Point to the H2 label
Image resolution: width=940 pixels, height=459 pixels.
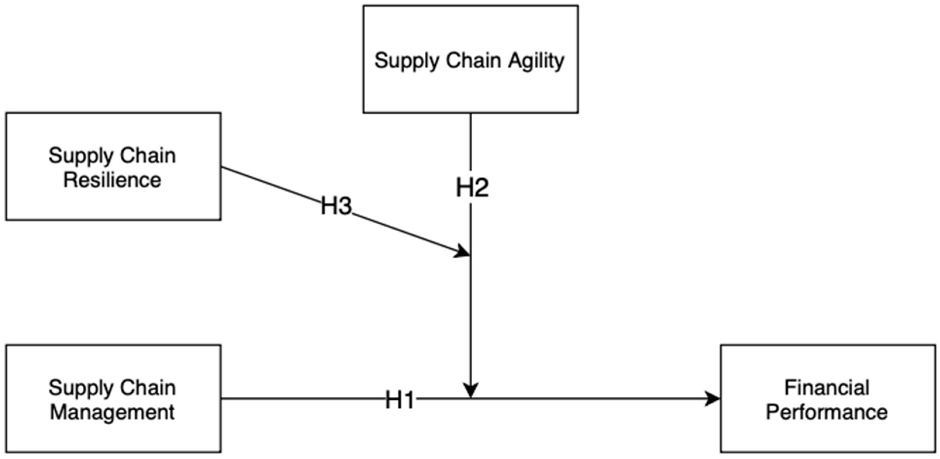pos(472,188)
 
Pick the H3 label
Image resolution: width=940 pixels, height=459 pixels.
pos(336,206)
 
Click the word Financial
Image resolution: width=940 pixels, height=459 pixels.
pos(827,387)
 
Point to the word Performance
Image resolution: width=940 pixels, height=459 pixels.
pos(827,412)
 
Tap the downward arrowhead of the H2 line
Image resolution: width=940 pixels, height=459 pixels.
pos(471,390)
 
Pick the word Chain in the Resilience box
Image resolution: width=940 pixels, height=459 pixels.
pos(148,155)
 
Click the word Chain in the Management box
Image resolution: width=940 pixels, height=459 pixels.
pos(148,387)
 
